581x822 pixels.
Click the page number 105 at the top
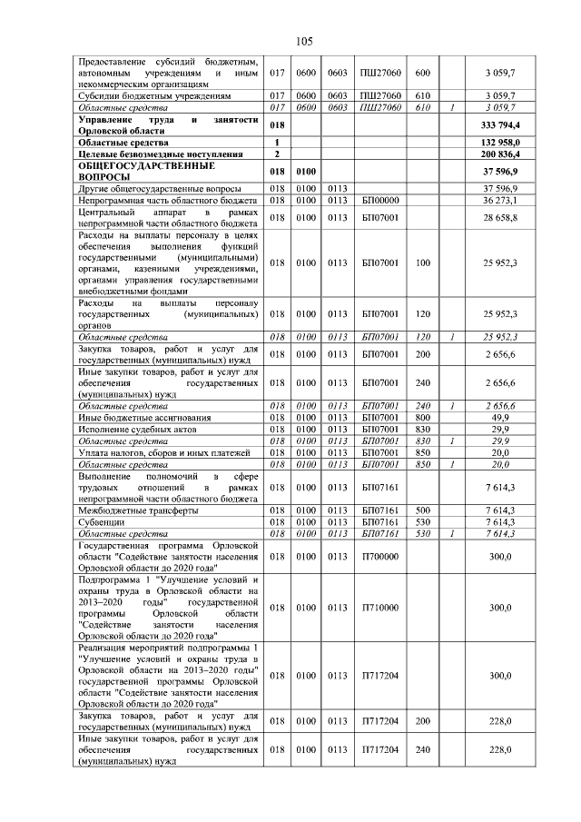(303, 40)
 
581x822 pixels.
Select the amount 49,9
(501, 416)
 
